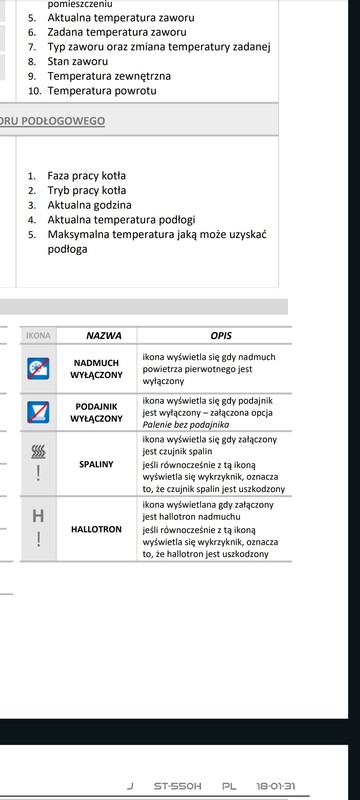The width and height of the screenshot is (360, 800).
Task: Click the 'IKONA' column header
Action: click(x=38, y=336)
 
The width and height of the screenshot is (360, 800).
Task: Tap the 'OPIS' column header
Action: click(x=221, y=336)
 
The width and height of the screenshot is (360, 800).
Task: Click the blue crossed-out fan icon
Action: click(x=38, y=369)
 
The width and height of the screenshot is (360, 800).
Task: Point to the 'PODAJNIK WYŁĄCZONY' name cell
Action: click(x=97, y=413)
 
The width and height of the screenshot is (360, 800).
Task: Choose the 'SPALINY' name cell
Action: click(x=97, y=464)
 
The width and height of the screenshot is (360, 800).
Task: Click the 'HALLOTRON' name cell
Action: click(x=97, y=528)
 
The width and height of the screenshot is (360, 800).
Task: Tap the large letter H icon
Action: click(x=38, y=516)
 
